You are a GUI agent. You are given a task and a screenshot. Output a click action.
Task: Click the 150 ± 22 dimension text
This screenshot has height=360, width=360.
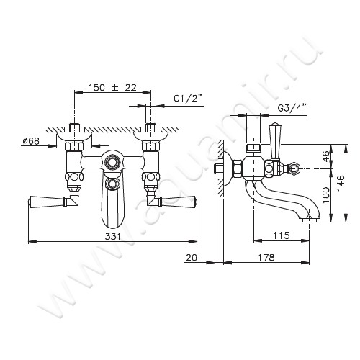click(112, 88)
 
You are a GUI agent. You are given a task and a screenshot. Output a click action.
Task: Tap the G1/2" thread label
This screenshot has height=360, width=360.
click(188, 98)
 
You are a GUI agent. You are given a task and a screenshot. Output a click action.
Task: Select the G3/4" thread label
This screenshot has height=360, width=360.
click(292, 108)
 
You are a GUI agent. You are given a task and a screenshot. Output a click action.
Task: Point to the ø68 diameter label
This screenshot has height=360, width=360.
click(31, 141)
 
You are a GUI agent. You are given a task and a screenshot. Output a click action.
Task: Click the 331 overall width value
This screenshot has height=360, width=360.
click(112, 237)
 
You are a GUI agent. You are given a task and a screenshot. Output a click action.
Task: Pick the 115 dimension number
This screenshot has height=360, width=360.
click(281, 235)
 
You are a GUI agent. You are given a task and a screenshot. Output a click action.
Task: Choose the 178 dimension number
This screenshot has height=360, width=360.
click(266, 257)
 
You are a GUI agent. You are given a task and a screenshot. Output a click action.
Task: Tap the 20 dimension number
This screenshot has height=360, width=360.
click(192, 257)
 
